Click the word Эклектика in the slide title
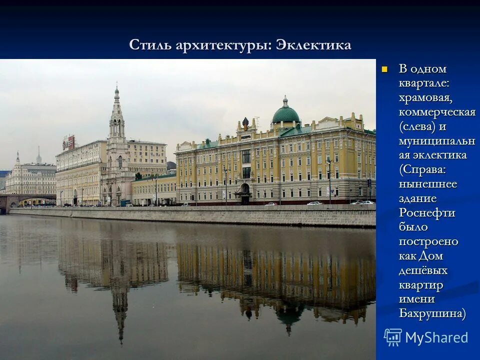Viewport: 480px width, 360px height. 313,45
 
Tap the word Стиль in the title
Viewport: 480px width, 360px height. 150,45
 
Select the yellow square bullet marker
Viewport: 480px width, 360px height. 384,69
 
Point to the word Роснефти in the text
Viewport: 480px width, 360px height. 427,212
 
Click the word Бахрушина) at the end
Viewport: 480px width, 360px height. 432,313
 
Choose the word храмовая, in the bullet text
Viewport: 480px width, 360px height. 425,98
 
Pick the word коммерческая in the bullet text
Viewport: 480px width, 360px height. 437,112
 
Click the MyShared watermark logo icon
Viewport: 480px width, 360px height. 393,337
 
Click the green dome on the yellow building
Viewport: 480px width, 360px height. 285,115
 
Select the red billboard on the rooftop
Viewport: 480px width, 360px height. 69,142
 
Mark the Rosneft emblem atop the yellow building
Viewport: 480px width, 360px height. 245,122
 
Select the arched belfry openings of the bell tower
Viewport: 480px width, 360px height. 116,128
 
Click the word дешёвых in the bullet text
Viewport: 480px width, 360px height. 423,270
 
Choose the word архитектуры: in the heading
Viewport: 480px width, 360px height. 223,45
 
